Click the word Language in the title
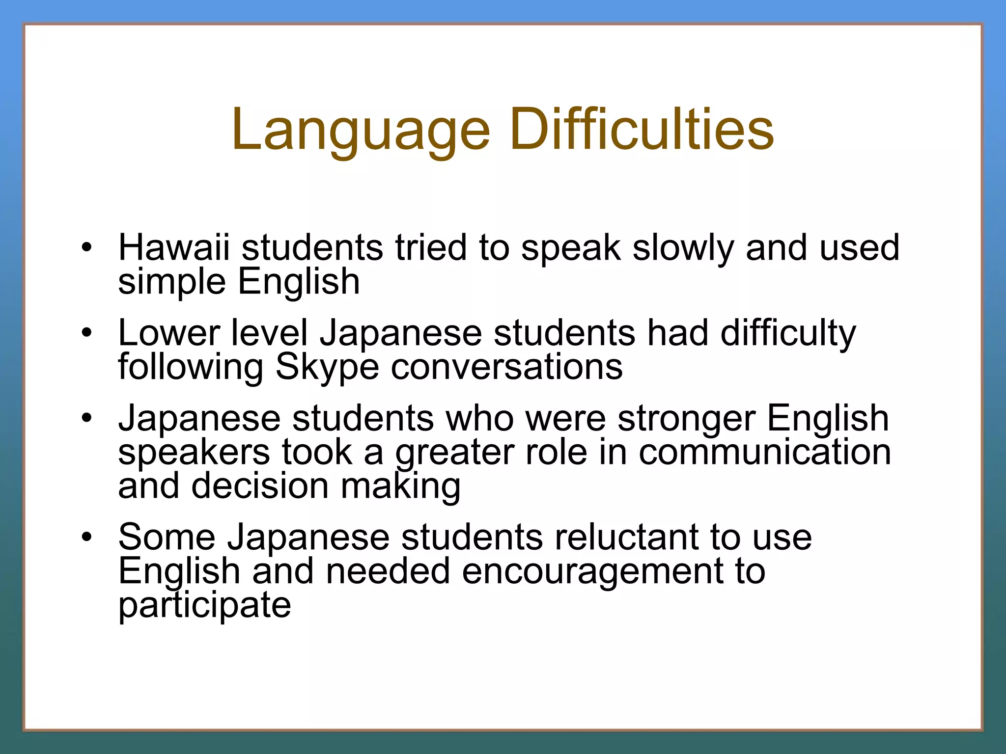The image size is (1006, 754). [361, 130]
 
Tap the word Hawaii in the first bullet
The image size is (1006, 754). [174, 247]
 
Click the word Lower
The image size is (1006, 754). [168, 333]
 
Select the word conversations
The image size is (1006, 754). [506, 367]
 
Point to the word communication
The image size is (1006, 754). [764, 452]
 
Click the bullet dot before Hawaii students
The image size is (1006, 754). [87, 247]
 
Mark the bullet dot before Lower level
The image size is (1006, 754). [87, 333]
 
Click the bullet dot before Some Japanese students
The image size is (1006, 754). [87, 537]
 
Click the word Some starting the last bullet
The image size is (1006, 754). [167, 537]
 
